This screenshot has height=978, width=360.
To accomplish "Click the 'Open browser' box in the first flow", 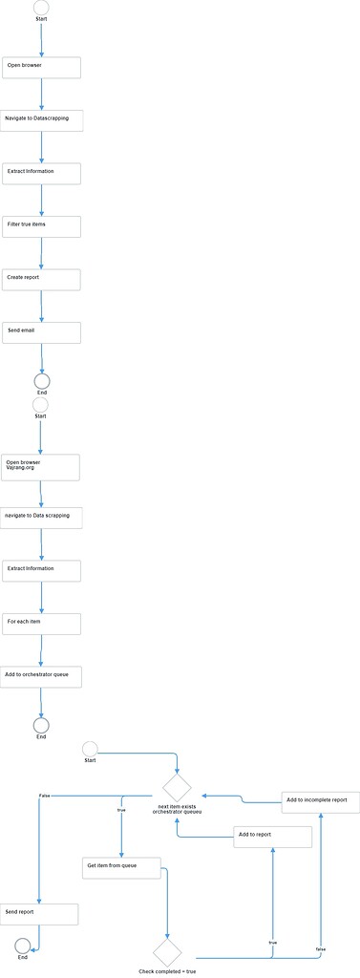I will coord(41,68).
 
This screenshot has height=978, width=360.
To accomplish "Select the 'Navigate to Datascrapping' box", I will coord(42,120).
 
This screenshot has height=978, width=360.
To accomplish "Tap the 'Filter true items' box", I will coord(41,226).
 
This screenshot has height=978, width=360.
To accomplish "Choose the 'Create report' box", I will coord(41,279).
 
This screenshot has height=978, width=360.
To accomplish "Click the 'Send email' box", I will coord(41,332).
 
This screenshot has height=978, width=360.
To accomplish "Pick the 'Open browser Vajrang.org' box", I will coord(41,467).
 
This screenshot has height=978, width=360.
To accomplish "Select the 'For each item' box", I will coord(41,624).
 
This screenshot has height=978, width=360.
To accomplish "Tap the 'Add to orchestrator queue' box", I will coord(42,676).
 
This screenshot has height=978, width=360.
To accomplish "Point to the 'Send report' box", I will coord(39,914).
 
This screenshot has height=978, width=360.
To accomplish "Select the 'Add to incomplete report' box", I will coord(321,801).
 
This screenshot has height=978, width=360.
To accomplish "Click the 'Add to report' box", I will coord(273,837).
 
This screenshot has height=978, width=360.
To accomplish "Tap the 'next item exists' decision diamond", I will coord(177,788).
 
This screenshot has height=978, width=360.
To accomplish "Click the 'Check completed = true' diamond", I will coord(167,951).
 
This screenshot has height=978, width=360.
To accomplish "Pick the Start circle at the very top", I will coord(41,7).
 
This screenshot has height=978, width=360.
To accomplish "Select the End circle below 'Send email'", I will coord(42,381).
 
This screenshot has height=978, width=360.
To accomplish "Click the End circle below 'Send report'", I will coord(22,945).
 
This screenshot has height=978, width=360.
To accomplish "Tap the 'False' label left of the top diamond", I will coord(45,795).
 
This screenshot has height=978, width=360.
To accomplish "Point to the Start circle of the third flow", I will coord(91,748).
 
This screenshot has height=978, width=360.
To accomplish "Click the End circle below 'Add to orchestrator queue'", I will coord(41,725).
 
